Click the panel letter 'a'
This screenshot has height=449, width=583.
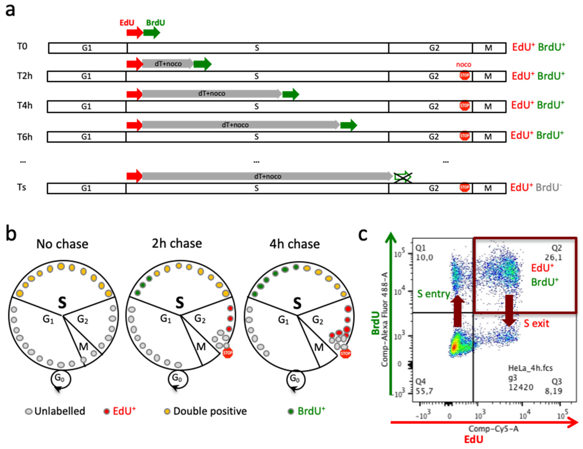[x=10, y=11]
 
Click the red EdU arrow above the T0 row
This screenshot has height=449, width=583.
[x=134, y=32]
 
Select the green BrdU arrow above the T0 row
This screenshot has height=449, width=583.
[x=151, y=32]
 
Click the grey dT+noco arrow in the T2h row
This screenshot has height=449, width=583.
[x=168, y=64]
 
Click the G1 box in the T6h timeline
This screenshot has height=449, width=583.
[x=86, y=137]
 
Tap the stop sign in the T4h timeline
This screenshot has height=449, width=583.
[x=464, y=106]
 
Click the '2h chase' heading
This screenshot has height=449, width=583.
[x=177, y=243]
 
